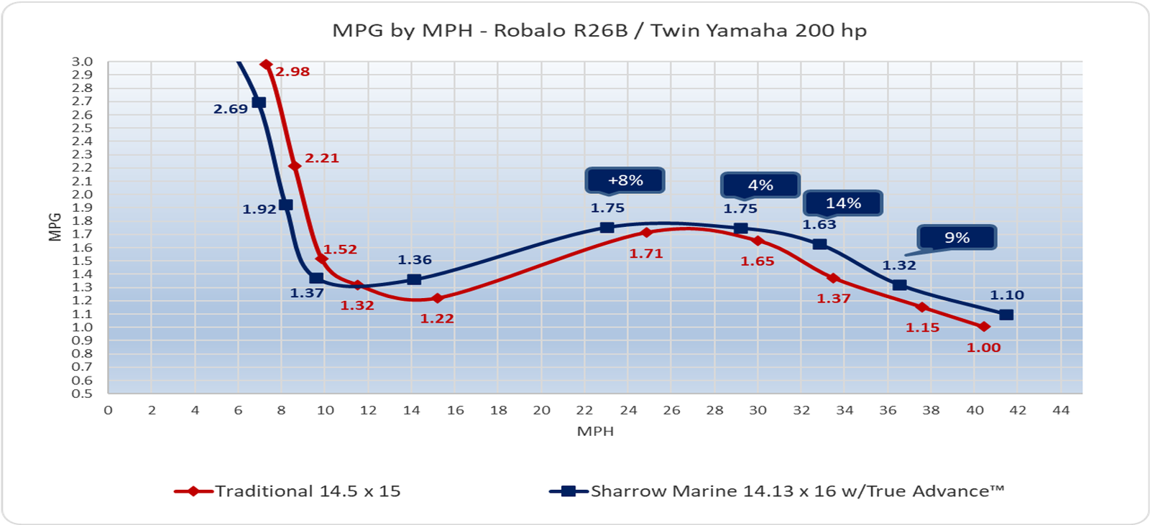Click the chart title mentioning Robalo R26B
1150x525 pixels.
click(x=599, y=31)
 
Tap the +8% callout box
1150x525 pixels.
click(x=625, y=180)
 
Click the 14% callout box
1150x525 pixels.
click(x=842, y=203)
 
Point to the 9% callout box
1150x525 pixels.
click(x=957, y=238)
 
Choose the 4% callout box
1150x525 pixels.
click(x=760, y=185)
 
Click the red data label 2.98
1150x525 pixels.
click(x=293, y=72)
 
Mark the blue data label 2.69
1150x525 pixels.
click(x=230, y=109)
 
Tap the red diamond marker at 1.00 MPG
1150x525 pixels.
click(x=984, y=327)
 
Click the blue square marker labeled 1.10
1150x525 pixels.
click(x=1006, y=315)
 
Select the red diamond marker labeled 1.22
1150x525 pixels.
click(x=437, y=298)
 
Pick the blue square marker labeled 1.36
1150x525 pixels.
click(x=414, y=279)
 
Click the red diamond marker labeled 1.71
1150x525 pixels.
click(x=646, y=233)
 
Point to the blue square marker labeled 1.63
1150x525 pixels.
click(x=819, y=244)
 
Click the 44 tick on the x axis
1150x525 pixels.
click(x=1061, y=410)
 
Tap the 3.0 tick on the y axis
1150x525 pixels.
click(x=82, y=62)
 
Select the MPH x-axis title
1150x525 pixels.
click(x=595, y=432)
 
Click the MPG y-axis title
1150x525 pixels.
click(x=55, y=227)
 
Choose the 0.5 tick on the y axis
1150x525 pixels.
click(x=82, y=394)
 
